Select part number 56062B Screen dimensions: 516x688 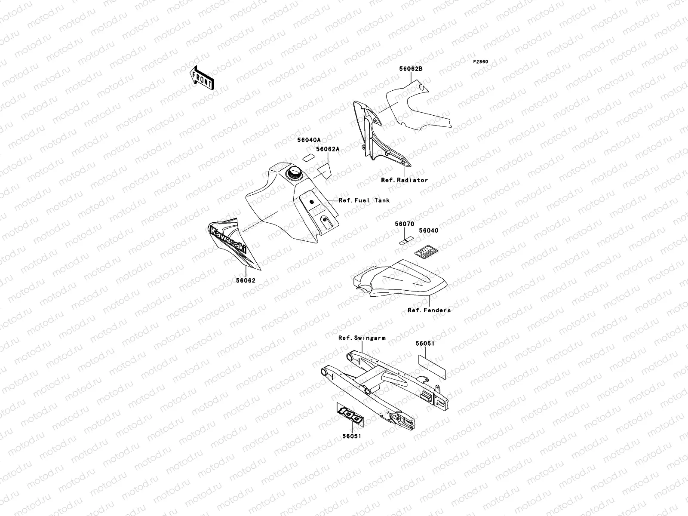(411, 69)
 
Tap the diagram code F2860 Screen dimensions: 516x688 (481, 62)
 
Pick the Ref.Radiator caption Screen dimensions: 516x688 (404, 180)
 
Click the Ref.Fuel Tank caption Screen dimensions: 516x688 (364, 200)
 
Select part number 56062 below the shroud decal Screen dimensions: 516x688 (246, 280)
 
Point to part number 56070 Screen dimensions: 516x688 (405, 224)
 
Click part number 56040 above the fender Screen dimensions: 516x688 (428, 230)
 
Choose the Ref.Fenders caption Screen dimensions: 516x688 (429, 310)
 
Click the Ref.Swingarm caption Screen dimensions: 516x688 (362, 338)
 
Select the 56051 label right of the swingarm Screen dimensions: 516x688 (425, 344)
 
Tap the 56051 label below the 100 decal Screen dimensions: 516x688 (352, 436)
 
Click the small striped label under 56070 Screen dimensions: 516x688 (405, 240)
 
